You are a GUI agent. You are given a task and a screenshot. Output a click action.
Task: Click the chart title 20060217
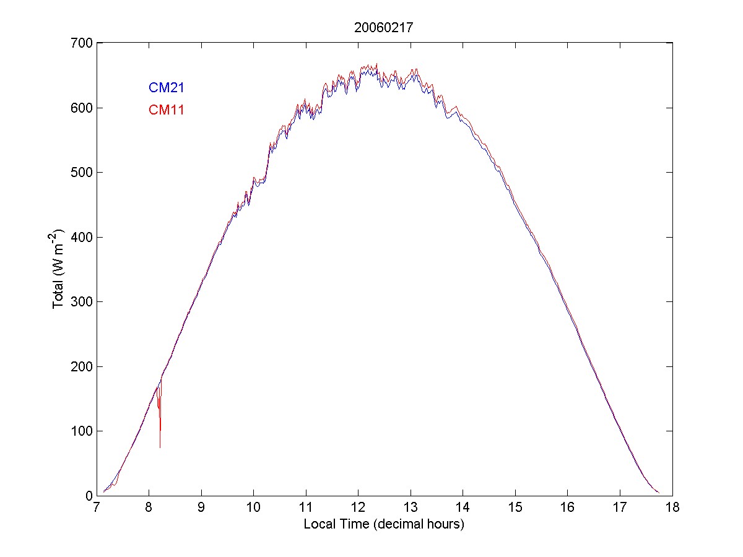(383, 27)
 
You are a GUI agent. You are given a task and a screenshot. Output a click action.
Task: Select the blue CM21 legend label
(166, 88)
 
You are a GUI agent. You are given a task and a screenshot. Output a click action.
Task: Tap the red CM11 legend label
(166, 110)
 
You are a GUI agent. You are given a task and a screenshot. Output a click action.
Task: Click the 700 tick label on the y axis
(81, 43)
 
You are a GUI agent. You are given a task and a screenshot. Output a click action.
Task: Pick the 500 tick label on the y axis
(81, 173)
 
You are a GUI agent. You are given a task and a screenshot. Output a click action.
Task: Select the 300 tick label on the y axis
(81, 302)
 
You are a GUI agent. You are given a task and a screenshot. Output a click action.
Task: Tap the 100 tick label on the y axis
(81, 431)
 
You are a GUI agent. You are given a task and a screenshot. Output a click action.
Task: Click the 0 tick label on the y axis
(88, 496)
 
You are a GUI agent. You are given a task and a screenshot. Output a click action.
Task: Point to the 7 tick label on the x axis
(97, 508)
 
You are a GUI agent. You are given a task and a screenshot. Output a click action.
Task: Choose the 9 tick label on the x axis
(201, 508)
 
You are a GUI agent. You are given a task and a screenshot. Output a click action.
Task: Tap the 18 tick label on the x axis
(672, 508)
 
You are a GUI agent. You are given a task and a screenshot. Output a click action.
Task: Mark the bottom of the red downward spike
(160, 447)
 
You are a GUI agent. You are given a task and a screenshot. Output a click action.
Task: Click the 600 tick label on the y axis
(81, 108)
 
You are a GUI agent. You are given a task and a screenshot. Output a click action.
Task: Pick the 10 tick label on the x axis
(253, 508)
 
